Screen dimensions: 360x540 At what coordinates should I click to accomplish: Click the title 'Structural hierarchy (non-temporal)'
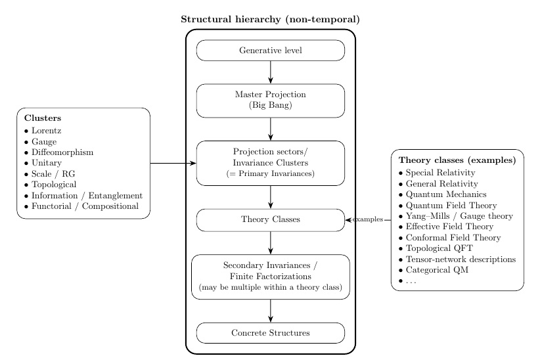[x=270, y=19]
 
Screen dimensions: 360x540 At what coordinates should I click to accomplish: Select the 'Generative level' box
[x=270, y=51]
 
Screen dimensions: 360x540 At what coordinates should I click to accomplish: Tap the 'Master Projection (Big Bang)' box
[x=270, y=100]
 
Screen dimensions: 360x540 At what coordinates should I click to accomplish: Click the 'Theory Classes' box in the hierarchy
[x=270, y=219]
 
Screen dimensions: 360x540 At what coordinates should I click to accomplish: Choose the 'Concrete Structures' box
[x=270, y=333]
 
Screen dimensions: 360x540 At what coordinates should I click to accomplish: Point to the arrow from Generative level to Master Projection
[x=270, y=72]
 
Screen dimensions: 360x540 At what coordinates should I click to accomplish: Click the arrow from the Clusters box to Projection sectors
[x=173, y=163]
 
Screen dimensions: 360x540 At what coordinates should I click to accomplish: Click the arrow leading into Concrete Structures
[x=270, y=311]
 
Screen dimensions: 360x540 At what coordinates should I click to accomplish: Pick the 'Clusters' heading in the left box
[x=43, y=118]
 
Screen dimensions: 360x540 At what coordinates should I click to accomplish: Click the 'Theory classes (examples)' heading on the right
[x=457, y=160]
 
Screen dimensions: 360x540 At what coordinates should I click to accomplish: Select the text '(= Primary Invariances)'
[x=270, y=174]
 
